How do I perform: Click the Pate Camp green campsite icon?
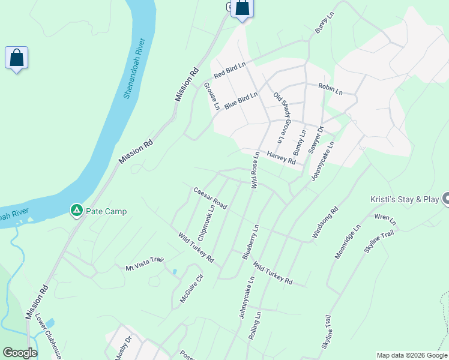tap(76, 211)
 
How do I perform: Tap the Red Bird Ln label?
tap(231, 71)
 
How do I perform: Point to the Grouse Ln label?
tap(212, 97)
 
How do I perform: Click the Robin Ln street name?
tap(330, 89)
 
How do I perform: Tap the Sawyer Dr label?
tap(316, 140)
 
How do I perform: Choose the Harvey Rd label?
tap(282, 158)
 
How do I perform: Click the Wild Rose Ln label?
tap(255, 170)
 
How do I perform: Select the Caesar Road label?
tap(210, 198)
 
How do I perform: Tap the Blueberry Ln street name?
tap(250, 242)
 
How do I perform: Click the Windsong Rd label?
tap(326, 224)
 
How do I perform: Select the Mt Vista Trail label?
tap(144, 263)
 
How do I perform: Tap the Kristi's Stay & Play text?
tap(403, 199)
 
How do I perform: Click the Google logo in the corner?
tap(20, 353)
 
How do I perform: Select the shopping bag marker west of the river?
tap(17, 58)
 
